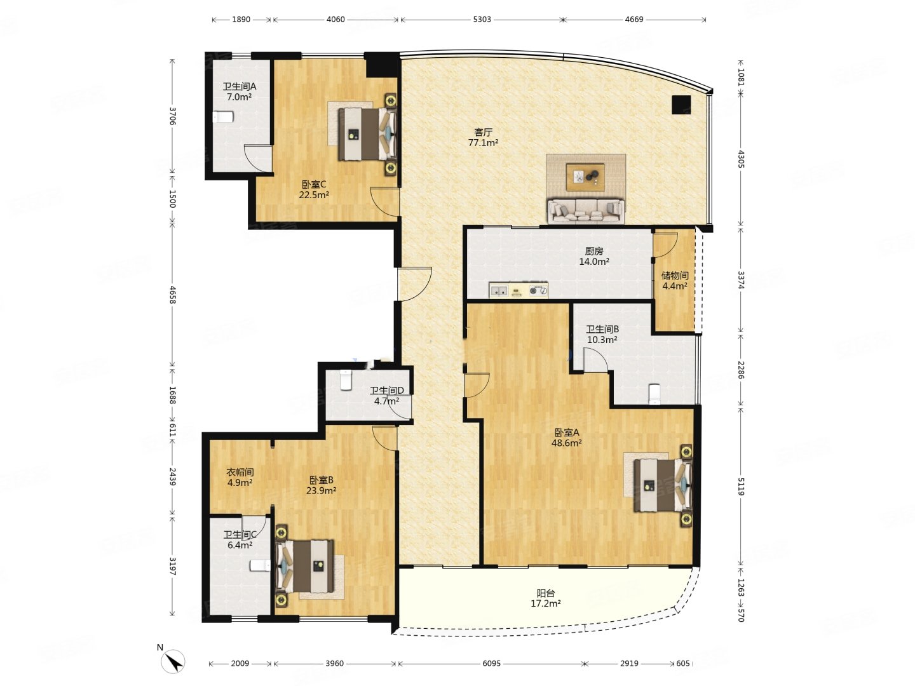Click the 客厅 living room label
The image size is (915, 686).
[483, 133]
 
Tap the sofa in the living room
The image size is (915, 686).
[586, 211]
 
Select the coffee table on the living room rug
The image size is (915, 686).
[585, 177]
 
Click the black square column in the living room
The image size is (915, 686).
[681, 105]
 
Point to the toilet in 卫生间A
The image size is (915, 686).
[223, 117]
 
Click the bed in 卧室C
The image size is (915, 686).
[367, 133]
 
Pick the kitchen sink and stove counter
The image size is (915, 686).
[518, 290]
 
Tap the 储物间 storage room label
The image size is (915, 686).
[674, 275]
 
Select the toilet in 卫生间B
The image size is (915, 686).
[654, 394]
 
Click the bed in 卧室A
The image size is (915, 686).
[663, 486]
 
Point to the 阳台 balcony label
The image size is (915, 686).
[545, 593]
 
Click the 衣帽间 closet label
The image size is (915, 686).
[240, 472]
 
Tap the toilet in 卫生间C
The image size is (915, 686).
[260, 565]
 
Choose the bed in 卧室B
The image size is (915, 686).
[304, 565]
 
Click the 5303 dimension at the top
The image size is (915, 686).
[482, 19]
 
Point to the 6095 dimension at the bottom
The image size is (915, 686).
[491, 663]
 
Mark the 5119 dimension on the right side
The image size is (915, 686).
[740, 486]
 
